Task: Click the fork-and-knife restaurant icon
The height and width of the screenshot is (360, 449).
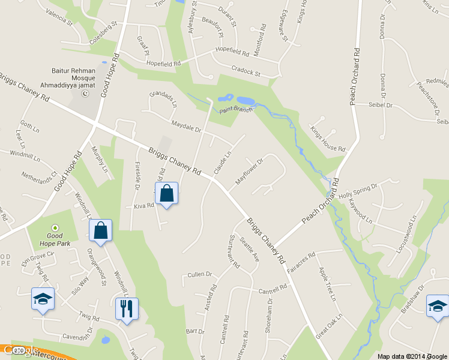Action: pos(127,309)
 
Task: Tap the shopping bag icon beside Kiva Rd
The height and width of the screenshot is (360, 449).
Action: pos(167,194)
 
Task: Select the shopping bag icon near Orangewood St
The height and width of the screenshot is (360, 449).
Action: pos(100,231)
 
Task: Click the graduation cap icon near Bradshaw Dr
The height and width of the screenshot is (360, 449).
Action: pos(438,306)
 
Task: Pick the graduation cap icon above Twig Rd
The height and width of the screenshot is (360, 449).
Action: pos(43,299)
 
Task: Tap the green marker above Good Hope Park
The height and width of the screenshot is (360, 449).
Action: pos(55,228)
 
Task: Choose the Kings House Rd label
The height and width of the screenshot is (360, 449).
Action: pos(328,139)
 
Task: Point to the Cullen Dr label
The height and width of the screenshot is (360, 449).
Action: pos(200,274)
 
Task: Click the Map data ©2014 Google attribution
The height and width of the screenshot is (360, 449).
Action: pos(412,356)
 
